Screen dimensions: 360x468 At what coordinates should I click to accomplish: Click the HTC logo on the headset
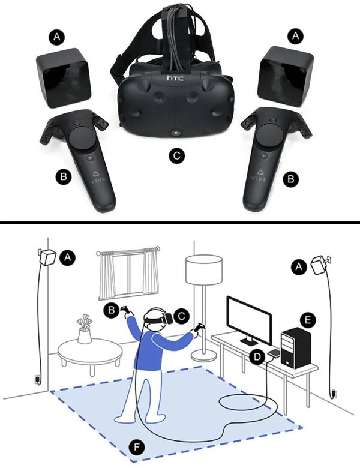[x=175, y=79]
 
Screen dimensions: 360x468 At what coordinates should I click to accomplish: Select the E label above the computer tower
[x=307, y=320]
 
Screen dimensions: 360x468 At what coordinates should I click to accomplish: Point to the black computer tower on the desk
[x=296, y=348]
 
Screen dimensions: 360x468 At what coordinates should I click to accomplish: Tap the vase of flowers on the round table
[x=84, y=329]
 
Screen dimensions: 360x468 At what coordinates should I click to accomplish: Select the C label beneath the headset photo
[x=176, y=155]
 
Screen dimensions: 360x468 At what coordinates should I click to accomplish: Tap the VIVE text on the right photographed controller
[x=259, y=179]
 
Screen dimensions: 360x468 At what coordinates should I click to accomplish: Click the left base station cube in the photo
[x=63, y=77]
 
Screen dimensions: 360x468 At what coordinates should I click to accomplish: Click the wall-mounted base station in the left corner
[x=48, y=257]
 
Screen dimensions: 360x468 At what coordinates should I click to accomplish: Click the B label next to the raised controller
[x=112, y=310]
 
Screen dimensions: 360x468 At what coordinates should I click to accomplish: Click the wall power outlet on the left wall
[x=37, y=379]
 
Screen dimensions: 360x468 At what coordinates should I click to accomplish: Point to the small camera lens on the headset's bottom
[x=175, y=133]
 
